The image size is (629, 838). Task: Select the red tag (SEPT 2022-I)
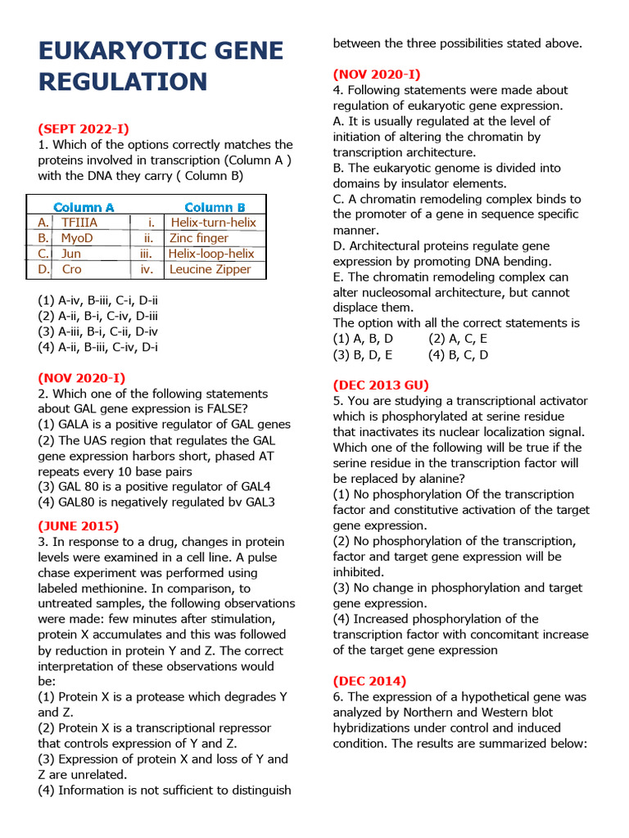(x=84, y=128)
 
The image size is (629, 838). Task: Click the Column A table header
(x=84, y=207)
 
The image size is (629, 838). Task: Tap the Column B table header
(x=215, y=207)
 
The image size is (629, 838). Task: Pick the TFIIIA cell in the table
(x=79, y=223)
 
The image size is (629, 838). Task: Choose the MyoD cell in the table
(x=77, y=238)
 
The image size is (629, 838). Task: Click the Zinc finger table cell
(x=199, y=238)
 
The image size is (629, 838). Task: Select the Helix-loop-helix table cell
(x=211, y=254)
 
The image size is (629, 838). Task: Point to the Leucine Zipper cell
(x=210, y=269)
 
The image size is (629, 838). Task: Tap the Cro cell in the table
(x=72, y=269)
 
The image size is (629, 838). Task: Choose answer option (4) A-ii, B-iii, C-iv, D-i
(x=97, y=347)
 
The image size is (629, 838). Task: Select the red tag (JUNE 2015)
(x=79, y=526)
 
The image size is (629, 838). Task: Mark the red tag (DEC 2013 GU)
(x=381, y=385)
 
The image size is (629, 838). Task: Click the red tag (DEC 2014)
(x=369, y=681)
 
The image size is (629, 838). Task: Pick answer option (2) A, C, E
(x=458, y=339)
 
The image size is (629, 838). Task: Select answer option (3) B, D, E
(x=363, y=354)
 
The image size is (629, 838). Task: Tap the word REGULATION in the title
(x=123, y=82)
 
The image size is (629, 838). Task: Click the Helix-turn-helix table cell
(x=213, y=223)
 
